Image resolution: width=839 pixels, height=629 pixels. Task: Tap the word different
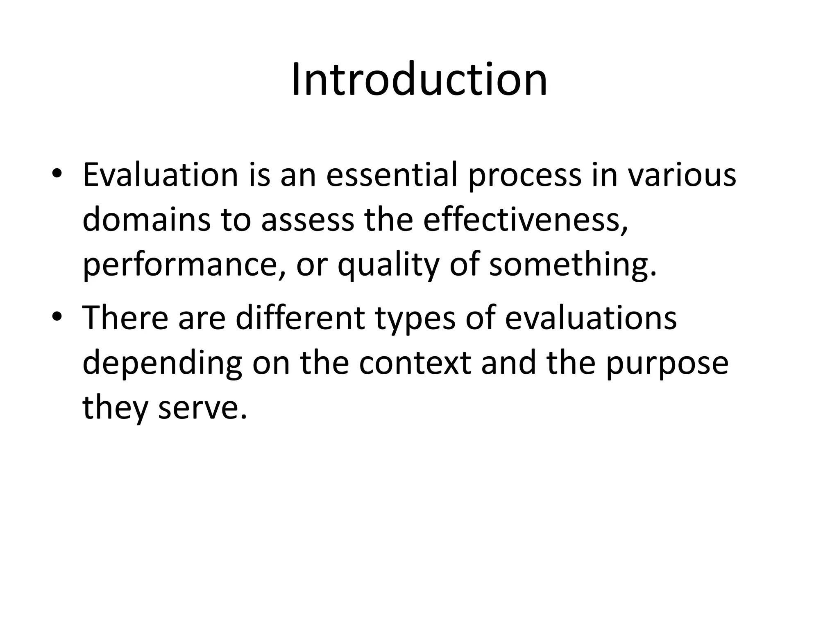(x=300, y=318)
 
